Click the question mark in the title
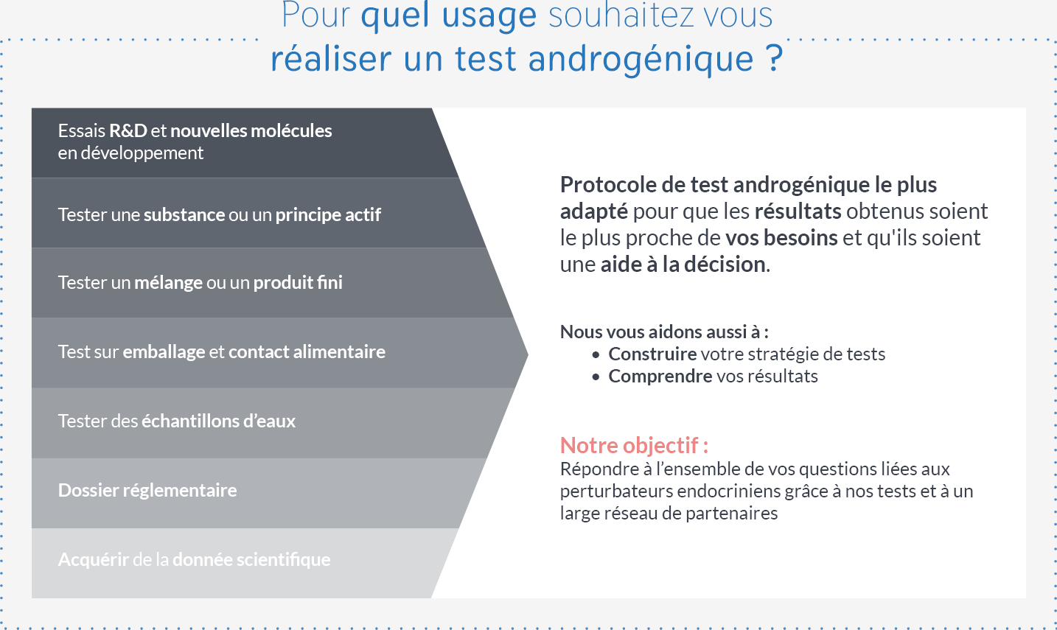[774, 57]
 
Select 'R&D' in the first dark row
[128, 130]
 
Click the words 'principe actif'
[328, 215]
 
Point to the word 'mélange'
[169, 283]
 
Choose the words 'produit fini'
[298, 282]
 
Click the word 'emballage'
[164, 352]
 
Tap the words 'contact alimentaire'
[307, 351]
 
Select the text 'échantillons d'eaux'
[218, 421]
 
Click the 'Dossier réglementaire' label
[147, 491]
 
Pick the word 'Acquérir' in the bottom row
[94, 560]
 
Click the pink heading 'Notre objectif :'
[634, 445]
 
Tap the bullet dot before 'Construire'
[596, 354]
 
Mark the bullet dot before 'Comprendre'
[596, 377]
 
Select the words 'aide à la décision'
[683, 265]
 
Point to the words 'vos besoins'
[781, 238]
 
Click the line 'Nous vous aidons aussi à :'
[664, 332]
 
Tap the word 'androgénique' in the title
[641, 60]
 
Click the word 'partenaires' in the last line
[731, 513]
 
